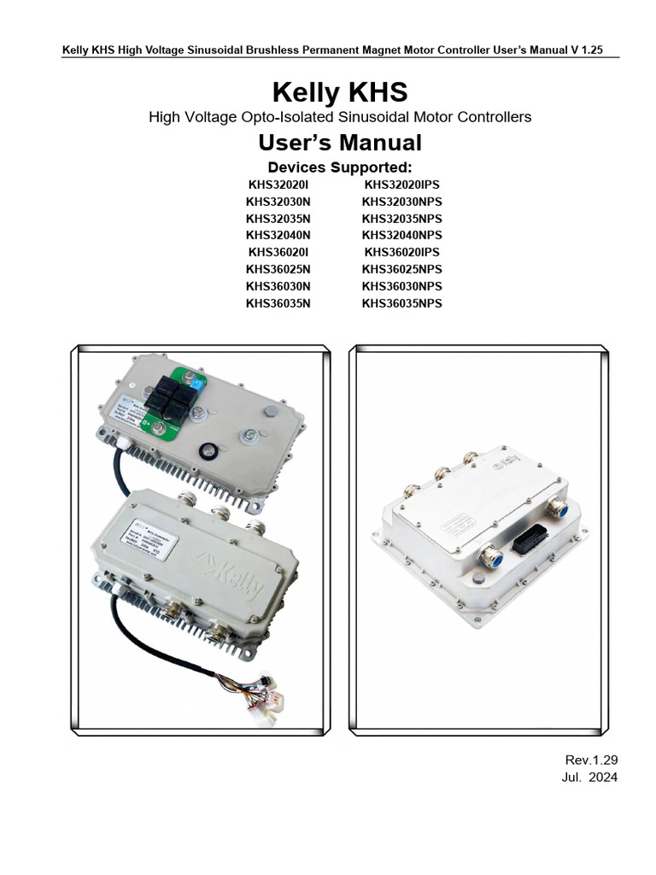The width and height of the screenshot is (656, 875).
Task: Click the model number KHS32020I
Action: coord(278,184)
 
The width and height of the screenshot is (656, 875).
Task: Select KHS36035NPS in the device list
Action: coord(402,303)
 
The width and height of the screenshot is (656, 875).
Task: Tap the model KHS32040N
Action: coord(278,235)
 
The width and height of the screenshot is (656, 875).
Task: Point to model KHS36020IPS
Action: coord(402,252)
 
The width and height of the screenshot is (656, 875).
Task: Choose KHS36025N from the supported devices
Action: coord(278,269)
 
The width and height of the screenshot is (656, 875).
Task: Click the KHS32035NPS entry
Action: coord(402,218)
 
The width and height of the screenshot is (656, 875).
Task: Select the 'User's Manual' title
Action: coord(340,142)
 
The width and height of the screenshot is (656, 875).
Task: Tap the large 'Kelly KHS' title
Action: coord(340,91)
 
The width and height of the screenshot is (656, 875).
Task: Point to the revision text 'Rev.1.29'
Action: coord(591,760)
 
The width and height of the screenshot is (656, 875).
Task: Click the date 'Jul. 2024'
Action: coord(590,777)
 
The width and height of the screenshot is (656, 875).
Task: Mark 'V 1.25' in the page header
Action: coord(587,50)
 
